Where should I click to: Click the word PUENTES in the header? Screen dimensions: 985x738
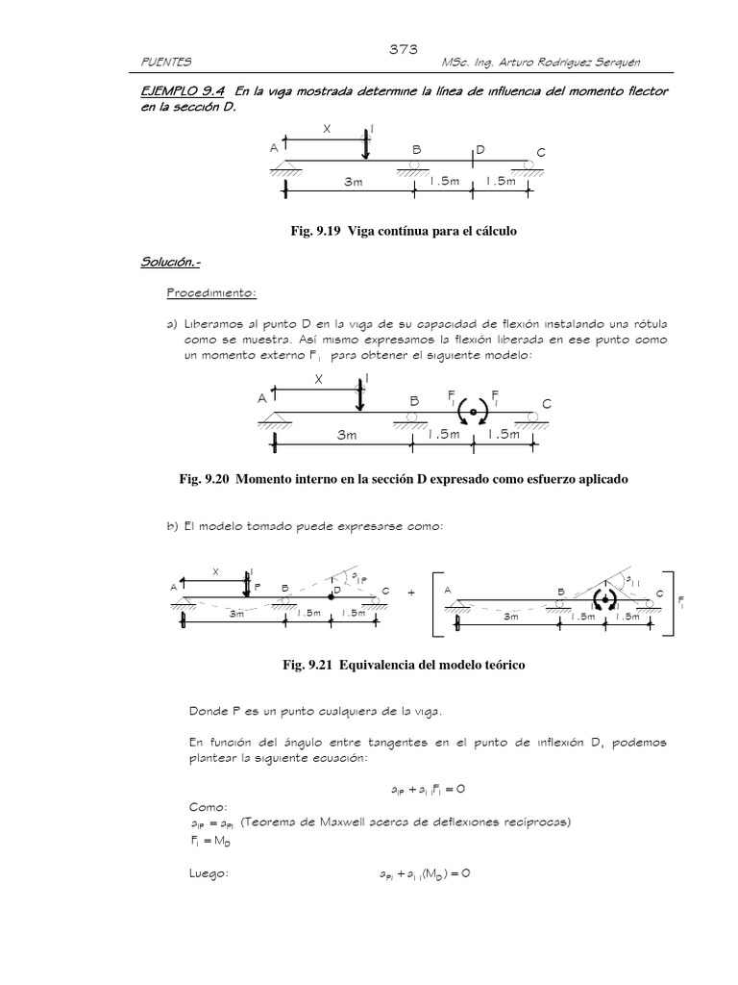point(166,63)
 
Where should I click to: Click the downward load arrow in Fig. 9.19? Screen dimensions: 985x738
point(364,145)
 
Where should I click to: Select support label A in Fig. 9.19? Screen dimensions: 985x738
point(275,149)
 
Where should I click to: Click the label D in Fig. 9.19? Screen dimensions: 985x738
point(480,151)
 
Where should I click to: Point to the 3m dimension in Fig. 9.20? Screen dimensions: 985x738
point(346,435)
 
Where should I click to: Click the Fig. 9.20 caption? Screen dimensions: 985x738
point(403,479)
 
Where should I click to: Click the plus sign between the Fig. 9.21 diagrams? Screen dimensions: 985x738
point(410,594)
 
